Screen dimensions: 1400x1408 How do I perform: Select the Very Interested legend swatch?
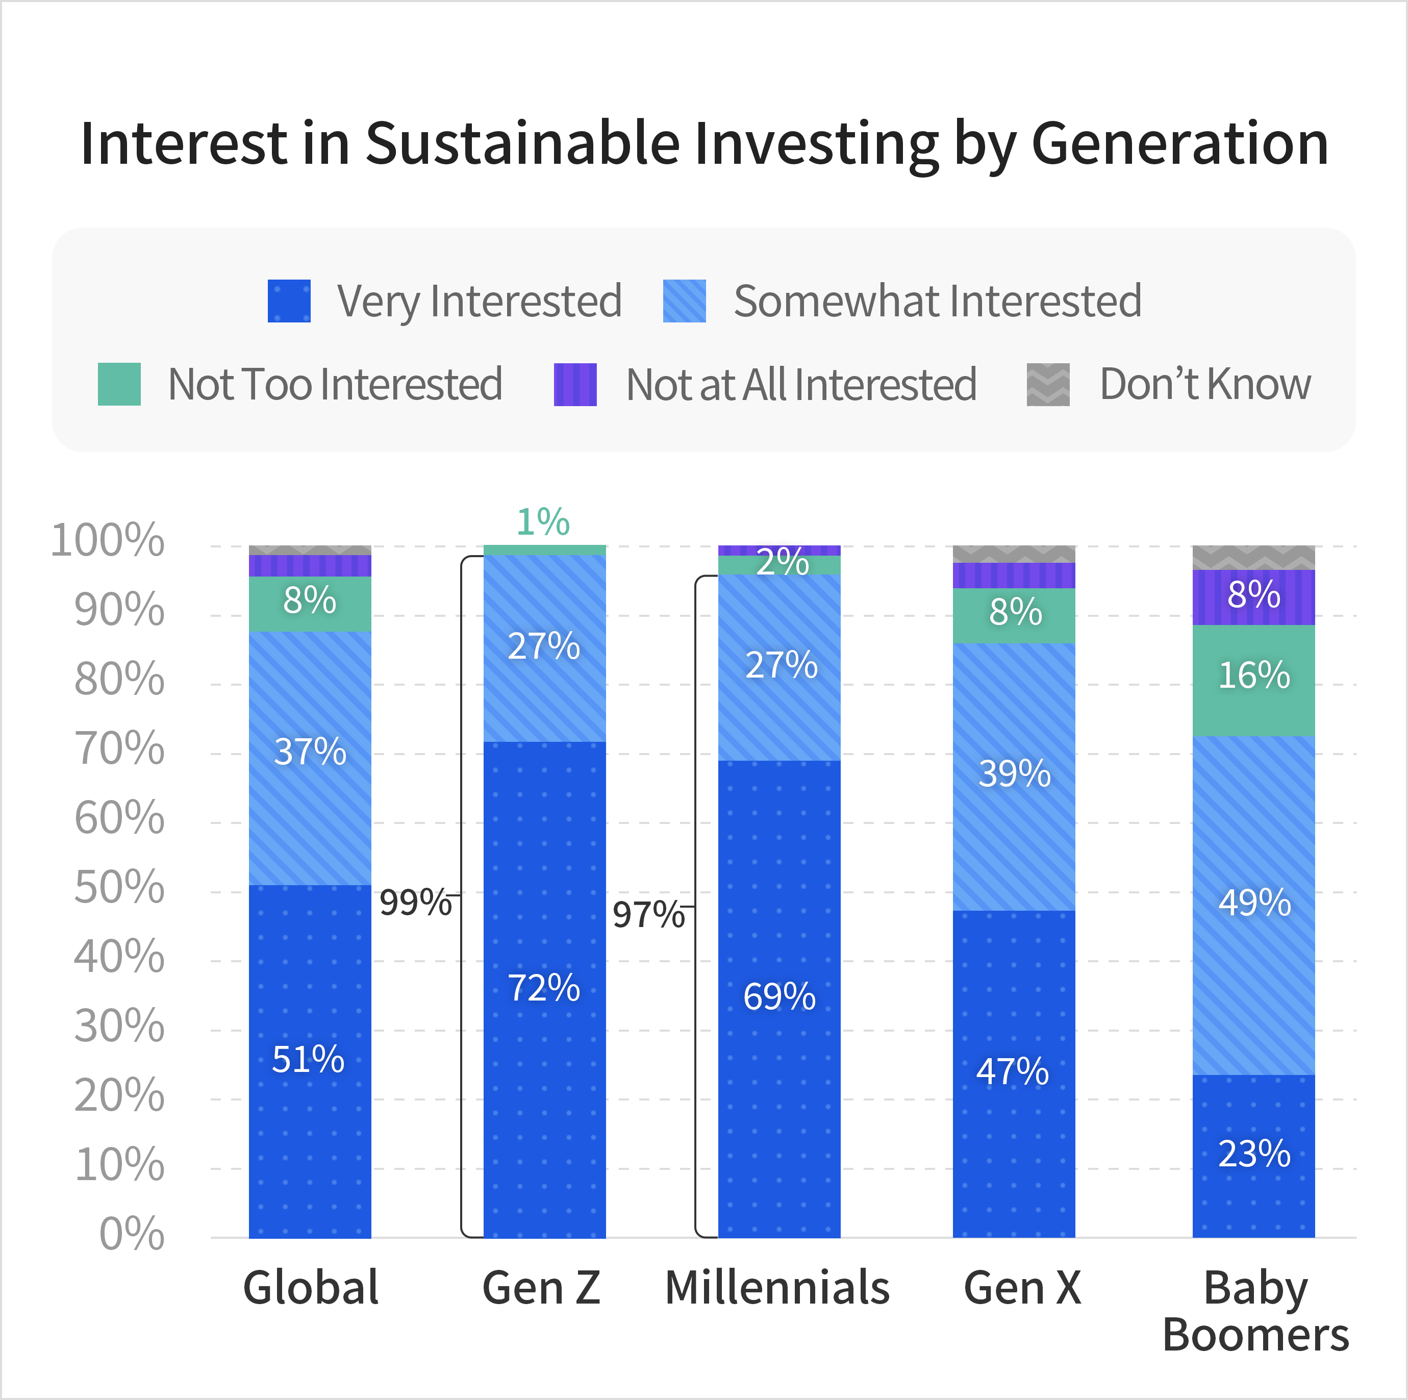[x=289, y=301]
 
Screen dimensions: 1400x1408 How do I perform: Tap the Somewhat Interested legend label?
[x=937, y=301]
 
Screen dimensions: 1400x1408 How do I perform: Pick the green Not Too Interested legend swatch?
[x=119, y=384]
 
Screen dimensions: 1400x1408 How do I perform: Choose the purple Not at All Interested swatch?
[x=575, y=384]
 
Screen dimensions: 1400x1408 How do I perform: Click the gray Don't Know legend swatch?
[x=1048, y=384]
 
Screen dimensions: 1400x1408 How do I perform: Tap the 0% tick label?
[x=132, y=1234]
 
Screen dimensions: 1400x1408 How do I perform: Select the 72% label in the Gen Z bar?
[x=544, y=988]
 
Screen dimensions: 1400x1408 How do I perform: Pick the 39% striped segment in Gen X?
[x=1014, y=774]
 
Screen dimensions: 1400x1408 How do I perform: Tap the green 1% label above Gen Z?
[x=543, y=522]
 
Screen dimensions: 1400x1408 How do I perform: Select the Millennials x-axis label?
[x=777, y=1288]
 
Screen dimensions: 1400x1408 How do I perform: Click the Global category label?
[x=311, y=1288]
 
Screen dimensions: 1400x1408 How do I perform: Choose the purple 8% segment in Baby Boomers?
[x=1253, y=595]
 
